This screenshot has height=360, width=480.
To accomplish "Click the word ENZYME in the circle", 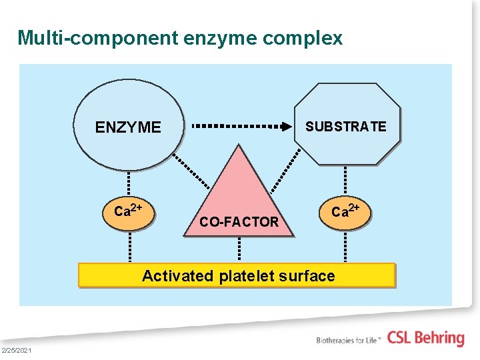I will pos(128,127).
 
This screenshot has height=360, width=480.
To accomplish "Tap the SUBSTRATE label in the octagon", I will pos(345,127).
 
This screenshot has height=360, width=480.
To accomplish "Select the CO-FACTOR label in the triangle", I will pos(239,222).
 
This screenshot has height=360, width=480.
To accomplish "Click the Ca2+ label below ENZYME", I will pos(129,211).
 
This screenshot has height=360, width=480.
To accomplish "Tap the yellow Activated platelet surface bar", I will pos(237,275).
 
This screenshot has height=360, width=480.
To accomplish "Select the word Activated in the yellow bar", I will pos(177,276).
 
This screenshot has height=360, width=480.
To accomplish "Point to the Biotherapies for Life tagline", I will pos(349,340).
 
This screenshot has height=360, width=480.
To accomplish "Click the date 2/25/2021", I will pos(16,351).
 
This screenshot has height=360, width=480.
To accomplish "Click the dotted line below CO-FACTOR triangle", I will pos(239,249).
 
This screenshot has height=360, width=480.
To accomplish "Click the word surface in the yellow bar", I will pos(309,276).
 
